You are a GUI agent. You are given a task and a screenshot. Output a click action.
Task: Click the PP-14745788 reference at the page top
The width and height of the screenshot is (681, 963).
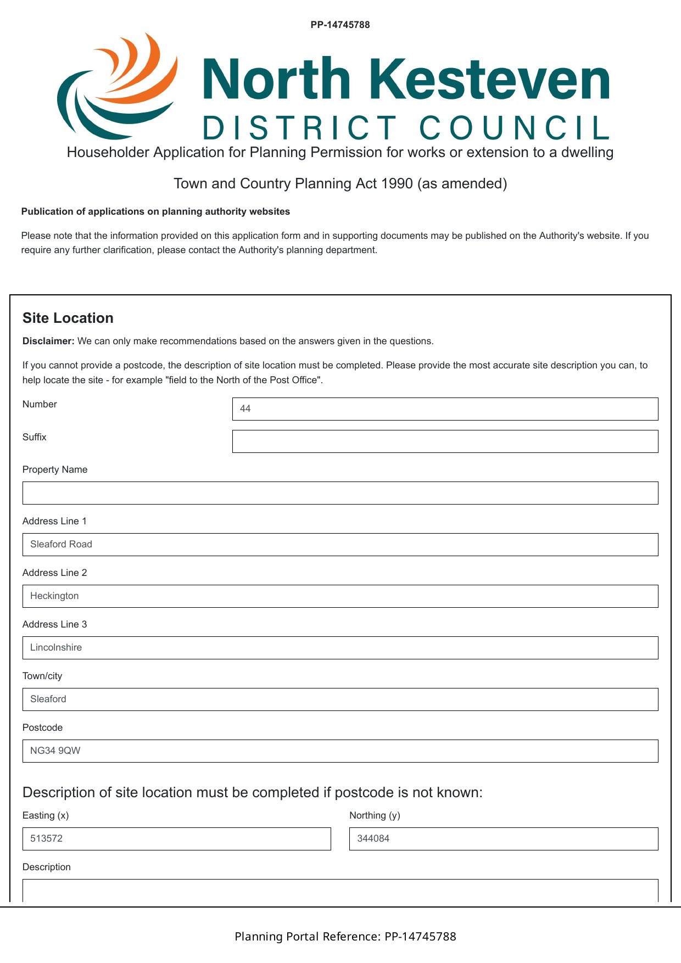coord(340,25)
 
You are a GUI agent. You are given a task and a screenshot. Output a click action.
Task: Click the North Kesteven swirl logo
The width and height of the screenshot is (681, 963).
coord(118,86)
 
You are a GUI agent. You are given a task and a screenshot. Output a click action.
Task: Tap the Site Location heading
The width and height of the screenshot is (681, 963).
coord(68,318)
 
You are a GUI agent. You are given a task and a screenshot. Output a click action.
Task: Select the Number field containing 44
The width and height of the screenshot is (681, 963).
coord(445,409)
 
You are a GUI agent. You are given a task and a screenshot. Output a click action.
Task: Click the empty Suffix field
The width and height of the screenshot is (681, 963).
coord(445,441)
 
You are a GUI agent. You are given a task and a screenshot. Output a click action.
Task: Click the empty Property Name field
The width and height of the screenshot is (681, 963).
coord(340,493)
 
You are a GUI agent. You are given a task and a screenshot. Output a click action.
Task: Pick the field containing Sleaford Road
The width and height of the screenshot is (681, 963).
coord(340,545)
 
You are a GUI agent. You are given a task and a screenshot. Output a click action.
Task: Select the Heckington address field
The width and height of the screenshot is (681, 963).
coord(340,596)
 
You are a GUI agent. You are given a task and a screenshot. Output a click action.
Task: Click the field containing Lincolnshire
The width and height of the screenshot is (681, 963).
coord(340,648)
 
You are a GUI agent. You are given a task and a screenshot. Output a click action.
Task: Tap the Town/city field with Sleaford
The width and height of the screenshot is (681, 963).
coord(340,699)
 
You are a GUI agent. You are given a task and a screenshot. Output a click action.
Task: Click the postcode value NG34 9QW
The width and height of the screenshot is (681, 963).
coord(55,751)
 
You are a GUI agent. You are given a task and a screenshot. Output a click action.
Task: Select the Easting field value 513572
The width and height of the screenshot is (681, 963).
coord(47,838)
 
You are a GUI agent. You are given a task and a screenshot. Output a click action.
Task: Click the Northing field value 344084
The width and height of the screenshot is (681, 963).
coord(373,838)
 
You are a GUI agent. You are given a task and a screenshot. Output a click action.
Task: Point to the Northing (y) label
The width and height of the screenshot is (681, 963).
coord(375,815)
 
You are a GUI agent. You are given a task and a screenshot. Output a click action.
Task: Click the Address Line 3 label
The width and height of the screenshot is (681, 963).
coord(54,624)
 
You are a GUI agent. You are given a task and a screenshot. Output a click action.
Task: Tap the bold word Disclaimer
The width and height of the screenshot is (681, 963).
coord(48,341)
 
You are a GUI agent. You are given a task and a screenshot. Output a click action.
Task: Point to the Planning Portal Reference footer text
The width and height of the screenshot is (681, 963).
coord(345,937)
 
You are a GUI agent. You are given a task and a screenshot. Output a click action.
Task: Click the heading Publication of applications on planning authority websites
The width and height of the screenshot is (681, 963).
coord(155,211)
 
